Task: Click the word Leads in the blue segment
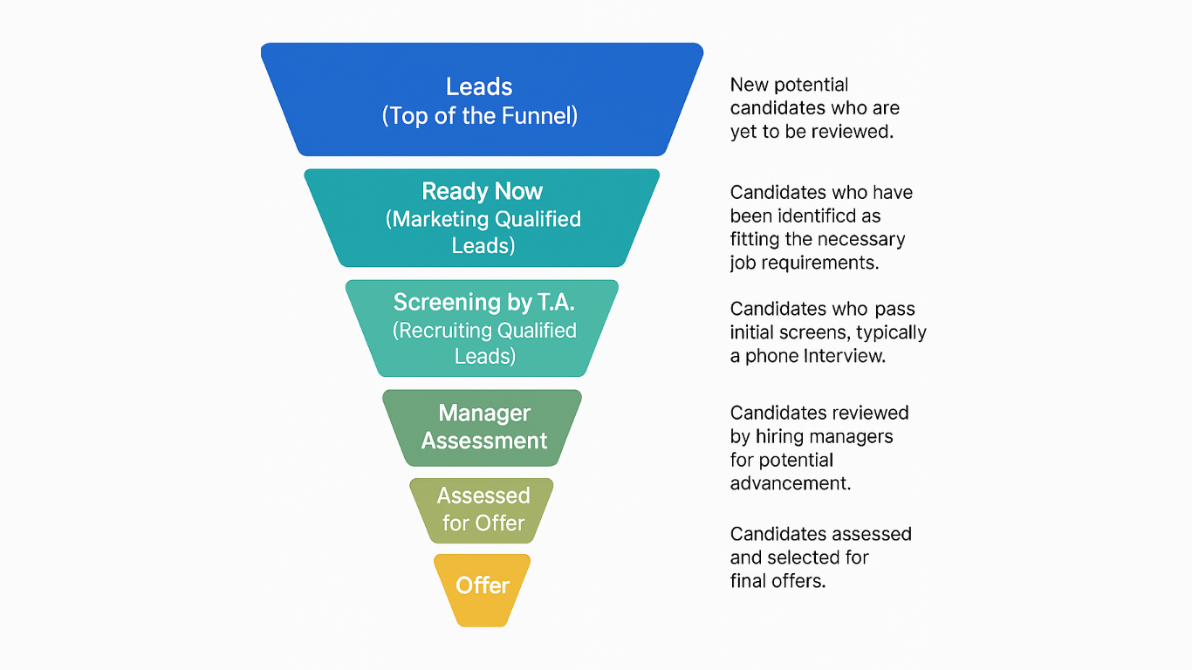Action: pos(479,86)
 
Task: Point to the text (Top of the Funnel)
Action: pos(480,115)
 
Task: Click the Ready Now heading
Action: pos(482,191)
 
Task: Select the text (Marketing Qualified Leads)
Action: pos(483,232)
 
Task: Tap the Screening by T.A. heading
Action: pos(483,302)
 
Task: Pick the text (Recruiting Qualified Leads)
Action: pos(484,343)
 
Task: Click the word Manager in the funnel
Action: pos(484,413)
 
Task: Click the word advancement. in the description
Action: pos(790,483)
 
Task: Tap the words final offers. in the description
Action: pos(778,580)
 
